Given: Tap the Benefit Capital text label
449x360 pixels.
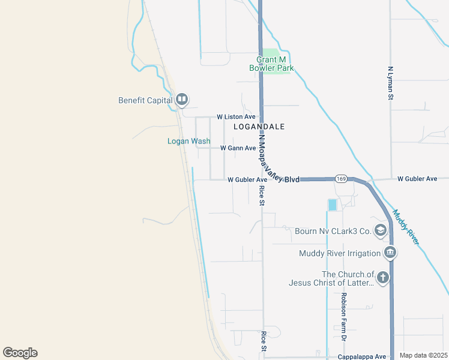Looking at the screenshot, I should click(x=145, y=100).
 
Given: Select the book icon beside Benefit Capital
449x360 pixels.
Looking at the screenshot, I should click(x=181, y=100).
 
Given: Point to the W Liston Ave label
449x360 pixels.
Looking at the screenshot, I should click(x=236, y=116).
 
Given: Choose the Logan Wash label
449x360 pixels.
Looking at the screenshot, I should click(x=188, y=142).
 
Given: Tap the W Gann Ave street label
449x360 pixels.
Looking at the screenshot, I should click(x=238, y=148).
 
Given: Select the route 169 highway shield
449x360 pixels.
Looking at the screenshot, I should click(x=342, y=179).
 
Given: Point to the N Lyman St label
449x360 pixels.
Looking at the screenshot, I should click(x=390, y=83).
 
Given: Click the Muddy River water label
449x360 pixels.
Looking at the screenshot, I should click(x=405, y=226).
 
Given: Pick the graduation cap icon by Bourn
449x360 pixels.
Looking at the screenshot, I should click(x=379, y=230).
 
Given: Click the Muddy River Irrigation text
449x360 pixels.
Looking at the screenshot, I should click(x=340, y=253).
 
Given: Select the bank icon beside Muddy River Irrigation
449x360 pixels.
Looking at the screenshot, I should click(x=390, y=252).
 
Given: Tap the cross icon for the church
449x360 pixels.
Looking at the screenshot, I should click(x=383, y=278).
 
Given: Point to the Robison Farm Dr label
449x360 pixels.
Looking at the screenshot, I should click(x=344, y=317).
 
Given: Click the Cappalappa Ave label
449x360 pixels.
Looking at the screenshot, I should click(x=362, y=356).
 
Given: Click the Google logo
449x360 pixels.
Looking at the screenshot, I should click(x=20, y=353).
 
